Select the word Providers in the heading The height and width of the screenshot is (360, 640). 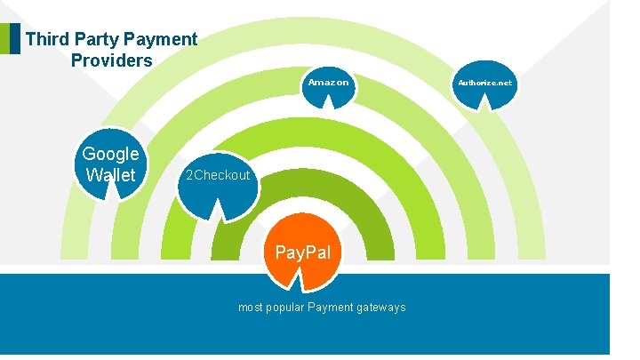pyautogui.click(x=111, y=61)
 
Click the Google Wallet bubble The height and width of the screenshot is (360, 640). pyautogui.click(x=109, y=164)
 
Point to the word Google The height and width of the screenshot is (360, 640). pyautogui.click(x=110, y=154)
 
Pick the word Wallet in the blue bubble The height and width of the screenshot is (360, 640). pyautogui.click(x=110, y=175)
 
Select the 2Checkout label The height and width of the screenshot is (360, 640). pyautogui.click(x=215, y=175)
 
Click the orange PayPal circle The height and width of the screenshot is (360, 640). pyautogui.click(x=302, y=252)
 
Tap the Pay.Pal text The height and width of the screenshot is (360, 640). pyautogui.click(x=302, y=252)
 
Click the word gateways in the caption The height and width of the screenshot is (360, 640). pyautogui.click(x=381, y=308)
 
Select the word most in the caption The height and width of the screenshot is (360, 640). pyautogui.click(x=250, y=308)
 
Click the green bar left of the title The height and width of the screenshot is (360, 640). pyautogui.click(x=4, y=39)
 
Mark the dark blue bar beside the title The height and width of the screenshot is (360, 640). pyautogui.click(x=14, y=39)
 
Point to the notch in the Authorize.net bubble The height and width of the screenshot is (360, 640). pyautogui.click(x=485, y=104)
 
